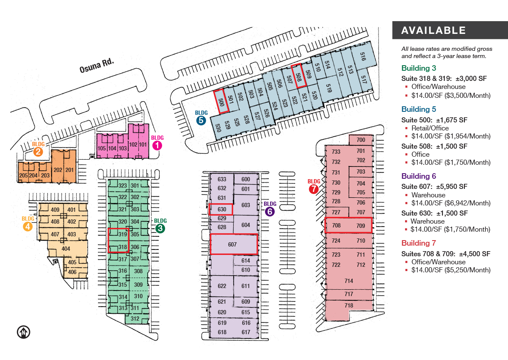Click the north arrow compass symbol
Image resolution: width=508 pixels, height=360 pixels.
(x=23, y=332)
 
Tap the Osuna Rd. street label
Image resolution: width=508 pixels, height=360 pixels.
(x=97, y=66)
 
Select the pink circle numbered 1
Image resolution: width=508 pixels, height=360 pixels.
(x=157, y=145)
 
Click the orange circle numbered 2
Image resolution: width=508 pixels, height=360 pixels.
(x=38, y=152)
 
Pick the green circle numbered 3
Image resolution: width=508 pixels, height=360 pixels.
(x=160, y=228)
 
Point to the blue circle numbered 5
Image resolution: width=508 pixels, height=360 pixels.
(x=201, y=120)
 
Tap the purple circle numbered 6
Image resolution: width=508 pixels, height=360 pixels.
(x=270, y=212)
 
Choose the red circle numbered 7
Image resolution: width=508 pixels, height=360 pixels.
(x=314, y=189)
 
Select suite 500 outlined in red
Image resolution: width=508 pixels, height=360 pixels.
(x=221, y=101)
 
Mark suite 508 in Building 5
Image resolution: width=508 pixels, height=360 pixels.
(x=299, y=76)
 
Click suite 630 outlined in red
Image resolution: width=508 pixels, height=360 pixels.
(x=221, y=209)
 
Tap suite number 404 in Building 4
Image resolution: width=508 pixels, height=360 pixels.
(x=66, y=249)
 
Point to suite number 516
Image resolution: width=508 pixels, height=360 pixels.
(x=363, y=56)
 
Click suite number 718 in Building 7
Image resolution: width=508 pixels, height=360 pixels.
(x=349, y=305)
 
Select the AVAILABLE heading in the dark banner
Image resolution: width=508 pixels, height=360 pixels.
(x=433, y=30)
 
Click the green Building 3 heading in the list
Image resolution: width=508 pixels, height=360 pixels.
(x=419, y=68)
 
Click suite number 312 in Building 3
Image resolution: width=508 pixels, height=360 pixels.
(x=135, y=318)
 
